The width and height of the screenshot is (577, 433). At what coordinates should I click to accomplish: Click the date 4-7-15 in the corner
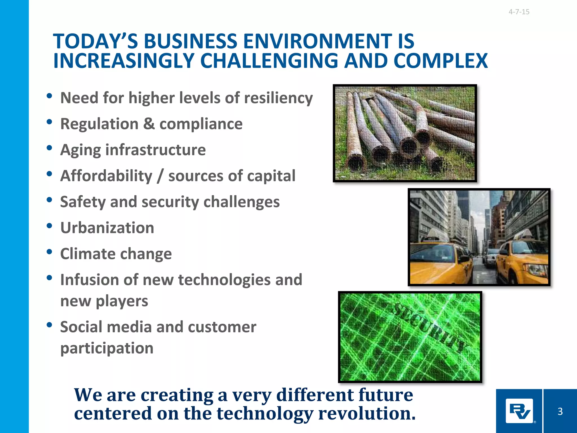point(519,12)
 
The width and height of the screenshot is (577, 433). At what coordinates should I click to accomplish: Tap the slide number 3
point(560,411)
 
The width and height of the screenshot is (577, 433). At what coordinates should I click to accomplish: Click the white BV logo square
point(519,411)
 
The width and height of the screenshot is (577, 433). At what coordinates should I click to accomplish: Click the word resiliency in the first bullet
point(278,98)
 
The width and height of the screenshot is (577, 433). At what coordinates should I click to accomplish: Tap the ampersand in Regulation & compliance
point(149,124)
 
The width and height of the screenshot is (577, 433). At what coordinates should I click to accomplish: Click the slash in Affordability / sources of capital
point(160,176)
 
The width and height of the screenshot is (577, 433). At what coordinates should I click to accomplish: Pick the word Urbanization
point(107,228)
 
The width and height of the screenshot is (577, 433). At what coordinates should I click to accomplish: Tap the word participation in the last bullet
point(107,348)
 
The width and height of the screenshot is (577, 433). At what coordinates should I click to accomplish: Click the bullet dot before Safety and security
point(50,200)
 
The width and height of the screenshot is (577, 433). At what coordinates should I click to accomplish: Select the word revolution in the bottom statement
point(367,414)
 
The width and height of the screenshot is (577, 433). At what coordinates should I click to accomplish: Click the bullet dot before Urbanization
point(50,226)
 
